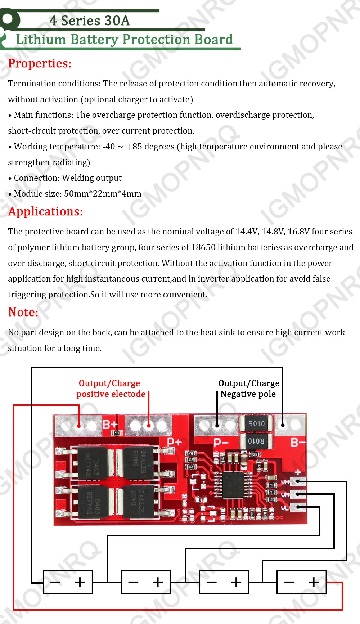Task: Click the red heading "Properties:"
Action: [40, 63]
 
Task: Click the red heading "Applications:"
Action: [45, 211]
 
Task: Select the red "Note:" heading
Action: [23, 312]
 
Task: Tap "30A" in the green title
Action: [116, 21]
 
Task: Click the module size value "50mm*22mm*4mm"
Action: [103, 194]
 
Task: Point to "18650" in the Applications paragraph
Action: [203, 247]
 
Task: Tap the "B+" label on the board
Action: [110, 425]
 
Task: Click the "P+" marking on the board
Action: [174, 441]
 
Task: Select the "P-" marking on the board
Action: [221, 442]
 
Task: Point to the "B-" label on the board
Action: [298, 442]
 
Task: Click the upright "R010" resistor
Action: [256, 424]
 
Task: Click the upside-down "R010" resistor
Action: [256, 441]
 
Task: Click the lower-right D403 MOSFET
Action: [138, 501]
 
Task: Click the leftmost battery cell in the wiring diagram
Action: [68, 582]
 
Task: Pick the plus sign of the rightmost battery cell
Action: [314, 582]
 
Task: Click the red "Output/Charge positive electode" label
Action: [110, 389]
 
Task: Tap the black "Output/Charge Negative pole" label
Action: [248, 389]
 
